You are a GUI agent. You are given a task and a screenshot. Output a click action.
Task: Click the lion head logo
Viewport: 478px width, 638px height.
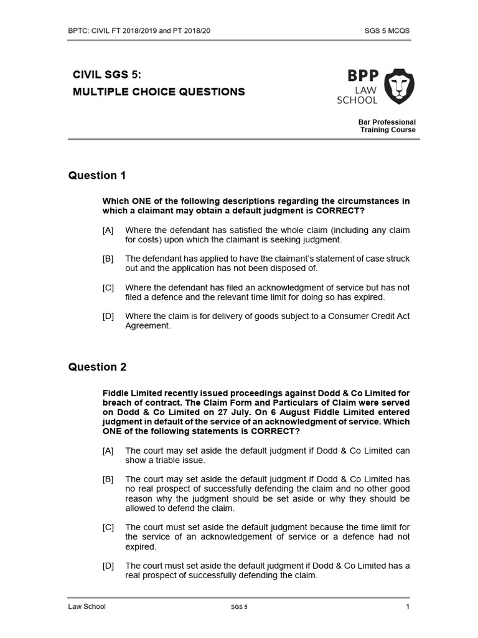point(398,86)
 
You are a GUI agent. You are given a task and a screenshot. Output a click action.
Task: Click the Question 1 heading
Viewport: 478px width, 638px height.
point(97,176)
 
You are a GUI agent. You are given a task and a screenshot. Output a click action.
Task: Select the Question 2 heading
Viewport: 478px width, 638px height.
point(97,367)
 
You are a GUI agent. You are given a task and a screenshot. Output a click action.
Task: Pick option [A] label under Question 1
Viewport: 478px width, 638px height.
point(108,231)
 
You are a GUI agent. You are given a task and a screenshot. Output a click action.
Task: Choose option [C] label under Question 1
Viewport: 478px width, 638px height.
point(108,288)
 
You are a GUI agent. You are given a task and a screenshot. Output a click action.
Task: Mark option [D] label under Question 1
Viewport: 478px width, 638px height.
point(108,317)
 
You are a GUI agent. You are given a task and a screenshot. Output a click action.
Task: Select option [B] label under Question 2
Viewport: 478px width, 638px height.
point(108,479)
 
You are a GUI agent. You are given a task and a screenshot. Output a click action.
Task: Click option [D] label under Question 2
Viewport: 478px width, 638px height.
point(108,566)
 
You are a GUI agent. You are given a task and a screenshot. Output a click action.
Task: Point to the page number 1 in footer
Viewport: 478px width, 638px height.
point(408,607)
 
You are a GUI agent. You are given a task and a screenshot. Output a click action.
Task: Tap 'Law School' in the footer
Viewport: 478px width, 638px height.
point(87,607)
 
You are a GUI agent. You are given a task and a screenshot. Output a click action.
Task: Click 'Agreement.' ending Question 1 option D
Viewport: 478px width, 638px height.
point(148,326)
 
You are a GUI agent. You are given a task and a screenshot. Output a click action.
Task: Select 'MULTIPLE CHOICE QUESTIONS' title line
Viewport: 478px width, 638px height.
point(159,92)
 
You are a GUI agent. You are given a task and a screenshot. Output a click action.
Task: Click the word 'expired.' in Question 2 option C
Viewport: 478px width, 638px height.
point(140,546)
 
